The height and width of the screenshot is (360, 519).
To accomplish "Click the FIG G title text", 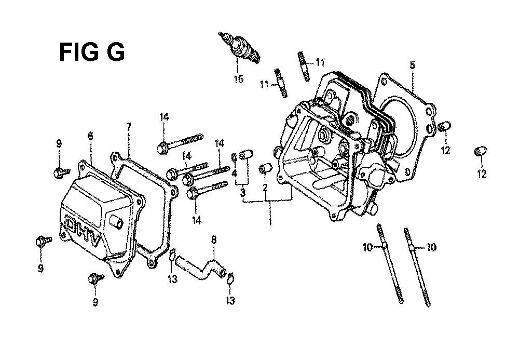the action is click(92, 52).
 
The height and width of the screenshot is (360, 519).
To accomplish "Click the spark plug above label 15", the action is click(239, 48).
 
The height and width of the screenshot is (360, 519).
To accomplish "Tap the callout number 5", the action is click(412, 65).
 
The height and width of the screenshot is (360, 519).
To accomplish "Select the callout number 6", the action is click(90, 136).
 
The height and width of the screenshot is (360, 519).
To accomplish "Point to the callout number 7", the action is click(129, 126).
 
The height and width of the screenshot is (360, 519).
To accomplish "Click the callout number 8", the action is click(213, 239).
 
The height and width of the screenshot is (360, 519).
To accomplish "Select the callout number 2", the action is click(265, 188).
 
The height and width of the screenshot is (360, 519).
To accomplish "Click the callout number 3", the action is click(242, 192).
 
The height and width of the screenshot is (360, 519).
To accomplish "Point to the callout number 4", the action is click(235, 173).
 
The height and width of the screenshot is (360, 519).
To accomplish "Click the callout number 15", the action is click(238, 79).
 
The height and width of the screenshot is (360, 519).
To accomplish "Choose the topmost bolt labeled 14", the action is click(180, 143).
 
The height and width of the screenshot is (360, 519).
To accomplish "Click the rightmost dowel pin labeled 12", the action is click(481, 151).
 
